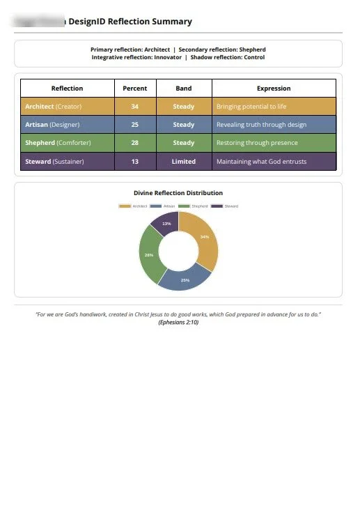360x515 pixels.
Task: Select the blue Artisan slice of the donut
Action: [184, 278]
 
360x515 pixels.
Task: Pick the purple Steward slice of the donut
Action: [166, 224]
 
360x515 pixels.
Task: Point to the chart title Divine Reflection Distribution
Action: [178, 192]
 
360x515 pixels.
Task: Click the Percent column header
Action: [134, 89]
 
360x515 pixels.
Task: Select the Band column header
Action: [184, 89]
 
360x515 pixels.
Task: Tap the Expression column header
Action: [274, 89]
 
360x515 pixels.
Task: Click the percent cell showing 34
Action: [134, 107]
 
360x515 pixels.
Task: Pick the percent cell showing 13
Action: [134, 161]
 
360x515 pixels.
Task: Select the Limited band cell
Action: [184, 161]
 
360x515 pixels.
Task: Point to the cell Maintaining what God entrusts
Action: [261, 161]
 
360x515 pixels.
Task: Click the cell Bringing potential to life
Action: [251, 107]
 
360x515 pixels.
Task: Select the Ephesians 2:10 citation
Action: [178, 323]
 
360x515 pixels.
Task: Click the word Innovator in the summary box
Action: [166, 57]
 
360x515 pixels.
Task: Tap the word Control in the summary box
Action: [254, 57]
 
